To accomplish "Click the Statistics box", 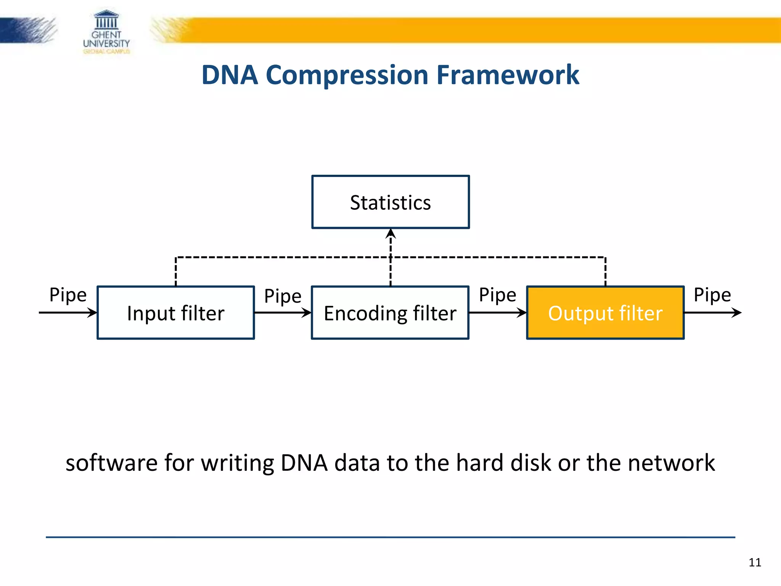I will (x=390, y=202).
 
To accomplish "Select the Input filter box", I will (x=176, y=313).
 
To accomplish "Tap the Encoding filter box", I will (x=390, y=313).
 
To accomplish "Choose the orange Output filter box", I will (x=605, y=313).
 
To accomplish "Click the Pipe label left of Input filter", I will (x=68, y=295).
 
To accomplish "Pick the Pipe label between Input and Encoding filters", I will (x=283, y=296).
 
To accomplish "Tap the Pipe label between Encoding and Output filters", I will (x=497, y=295).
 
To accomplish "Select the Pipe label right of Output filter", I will (x=712, y=295).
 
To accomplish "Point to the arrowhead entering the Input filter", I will (x=92, y=313).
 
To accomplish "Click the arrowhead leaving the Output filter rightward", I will (x=737, y=313).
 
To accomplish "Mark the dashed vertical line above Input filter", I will (x=176, y=272).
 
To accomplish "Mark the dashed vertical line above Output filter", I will (x=605, y=272).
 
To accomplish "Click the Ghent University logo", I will (x=106, y=32).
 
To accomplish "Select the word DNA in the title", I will (x=230, y=75).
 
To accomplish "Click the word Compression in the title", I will (x=347, y=75).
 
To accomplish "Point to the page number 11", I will (x=755, y=562).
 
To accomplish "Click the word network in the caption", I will (x=671, y=463).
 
